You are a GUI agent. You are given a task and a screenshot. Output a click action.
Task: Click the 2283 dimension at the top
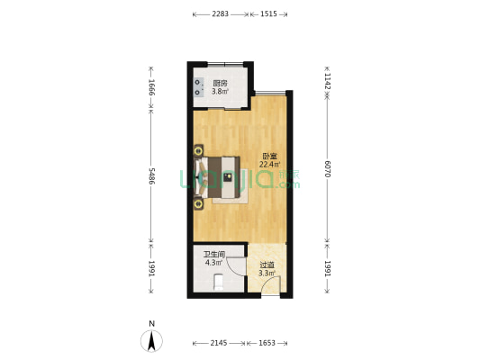click(221, 14)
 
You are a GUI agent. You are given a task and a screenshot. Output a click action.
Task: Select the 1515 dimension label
click(268, 14)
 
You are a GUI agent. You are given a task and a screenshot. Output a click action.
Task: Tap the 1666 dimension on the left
click(151, 87)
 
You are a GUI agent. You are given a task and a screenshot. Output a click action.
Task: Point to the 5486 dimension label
click(151, 175)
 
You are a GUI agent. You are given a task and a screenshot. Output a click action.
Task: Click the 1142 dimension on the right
click(327, 81)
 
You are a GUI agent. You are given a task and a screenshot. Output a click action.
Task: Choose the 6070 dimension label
click(327, 169)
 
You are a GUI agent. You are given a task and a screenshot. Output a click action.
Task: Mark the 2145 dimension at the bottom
click(219, 343)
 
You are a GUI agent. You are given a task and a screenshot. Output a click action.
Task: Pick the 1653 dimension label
click(267, 343)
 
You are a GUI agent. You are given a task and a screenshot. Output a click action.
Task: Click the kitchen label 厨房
click(220, 83)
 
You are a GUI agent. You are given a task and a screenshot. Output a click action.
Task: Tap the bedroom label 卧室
click(269, 157)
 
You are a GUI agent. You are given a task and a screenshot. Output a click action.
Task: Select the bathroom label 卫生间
click(214, 254)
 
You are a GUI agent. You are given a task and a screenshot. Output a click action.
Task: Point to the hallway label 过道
click(267, 265)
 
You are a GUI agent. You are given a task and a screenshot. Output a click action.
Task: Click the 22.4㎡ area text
click(269, 165)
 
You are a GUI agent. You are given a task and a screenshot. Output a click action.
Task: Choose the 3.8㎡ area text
click(220, 91)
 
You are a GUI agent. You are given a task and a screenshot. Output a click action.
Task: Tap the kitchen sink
click(199, 87)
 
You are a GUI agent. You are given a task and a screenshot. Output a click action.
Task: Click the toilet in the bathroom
click(219, 282)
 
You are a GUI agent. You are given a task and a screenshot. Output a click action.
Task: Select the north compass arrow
click(151, 341)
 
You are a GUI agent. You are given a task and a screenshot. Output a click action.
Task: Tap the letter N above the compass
click(151, 324)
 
